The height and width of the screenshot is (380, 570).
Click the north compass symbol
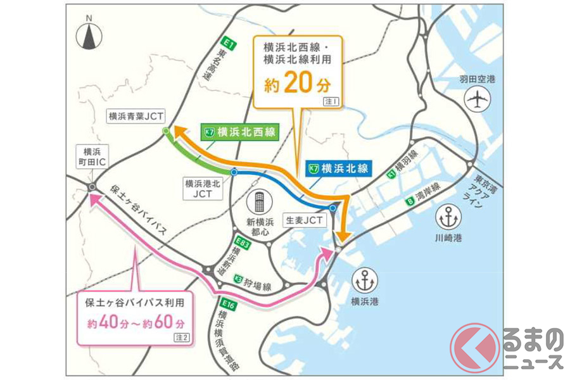click(x=88, y=36)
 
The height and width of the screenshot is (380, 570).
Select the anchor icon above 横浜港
click(x=366, y=279)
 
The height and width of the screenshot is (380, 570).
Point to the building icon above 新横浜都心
click(x=259, y=204)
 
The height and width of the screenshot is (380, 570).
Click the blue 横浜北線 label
click(x=338, y=168)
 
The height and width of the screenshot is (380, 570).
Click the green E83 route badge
click(x=240, y=242)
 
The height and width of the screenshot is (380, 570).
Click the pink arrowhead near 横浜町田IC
click(x=96, y=199)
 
